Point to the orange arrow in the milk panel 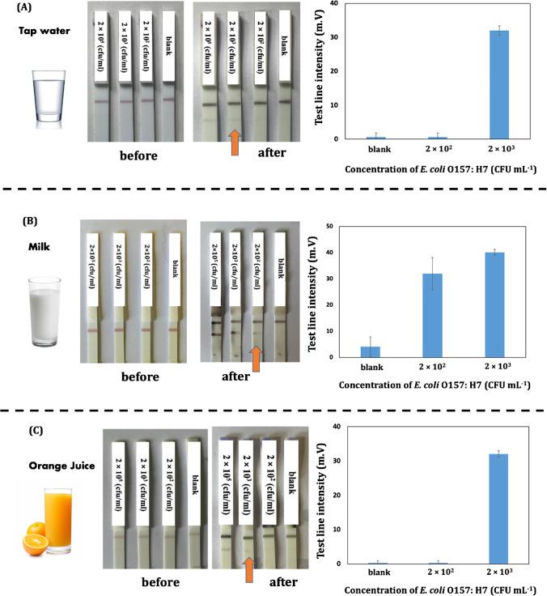pyautogui.click(x=256, y=358)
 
